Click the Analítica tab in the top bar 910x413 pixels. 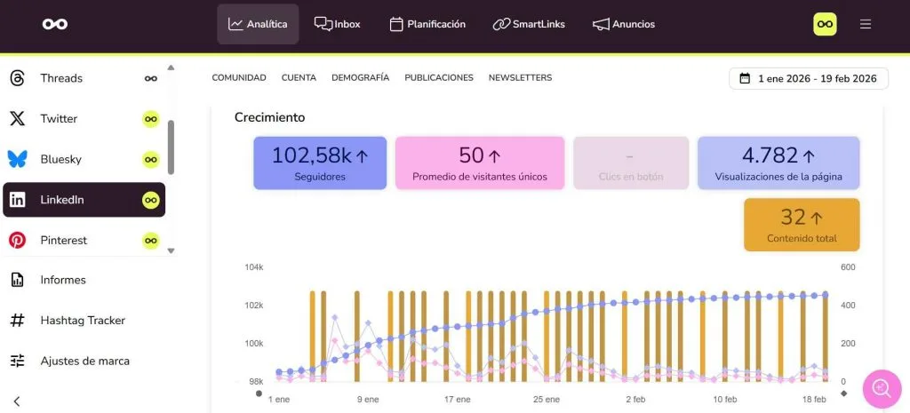click(x=258, y=24)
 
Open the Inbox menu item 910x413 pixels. click(x=338, y=24)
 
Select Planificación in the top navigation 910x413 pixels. click(x=427, y=24)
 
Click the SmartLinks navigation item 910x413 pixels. click(x=529, y=24)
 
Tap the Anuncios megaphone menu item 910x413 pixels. click(x=624, y=24)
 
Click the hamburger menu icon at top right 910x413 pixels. click(x=866, y=24)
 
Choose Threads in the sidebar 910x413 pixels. click(x=60, y=78)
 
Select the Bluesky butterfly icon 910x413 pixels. click(x=17, y=159)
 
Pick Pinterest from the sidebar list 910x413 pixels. click(x=63, y=240)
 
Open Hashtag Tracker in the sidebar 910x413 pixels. click(x=83, y=320)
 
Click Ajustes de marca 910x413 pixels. click(x=84, y=361)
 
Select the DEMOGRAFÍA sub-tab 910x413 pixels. click(x=360, y=78)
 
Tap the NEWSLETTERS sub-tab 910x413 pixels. click(x=520, y=78)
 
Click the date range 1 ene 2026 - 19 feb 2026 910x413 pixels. click(x=808, y=78)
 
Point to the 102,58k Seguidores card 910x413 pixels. click(x=320, y=163)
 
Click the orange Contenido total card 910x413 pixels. click(x=802, y=225)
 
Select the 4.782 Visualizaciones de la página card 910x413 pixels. click(x=778, y=163)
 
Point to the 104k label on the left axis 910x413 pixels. click(x=254, y=267)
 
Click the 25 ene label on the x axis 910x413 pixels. click(x=546, y=400)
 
